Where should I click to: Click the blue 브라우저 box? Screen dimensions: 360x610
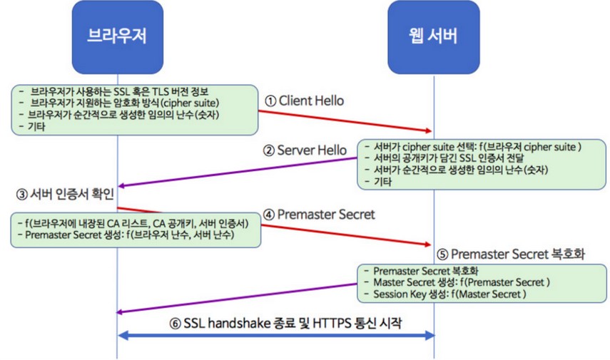[117, 36]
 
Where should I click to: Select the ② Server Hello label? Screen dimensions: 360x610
[303, 150]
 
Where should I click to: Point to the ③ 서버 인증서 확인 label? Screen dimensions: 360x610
[68, 192]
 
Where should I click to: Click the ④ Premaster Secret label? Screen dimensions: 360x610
[318, 214]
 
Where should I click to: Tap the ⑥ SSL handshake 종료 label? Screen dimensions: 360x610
[285, 322]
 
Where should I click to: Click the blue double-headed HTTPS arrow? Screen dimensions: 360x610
[275, 335]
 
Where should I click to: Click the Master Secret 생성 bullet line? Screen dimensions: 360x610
[461, 282]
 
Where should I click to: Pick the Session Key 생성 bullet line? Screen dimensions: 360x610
[449, 294]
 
